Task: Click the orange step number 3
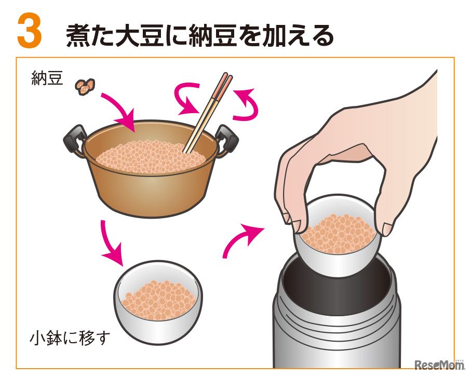coord(29,31)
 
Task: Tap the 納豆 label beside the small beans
coord(47,78)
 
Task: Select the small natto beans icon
coord(85,86)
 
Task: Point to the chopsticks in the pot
coord(207,113)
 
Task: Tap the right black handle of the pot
coord(227,138)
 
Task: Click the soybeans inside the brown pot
coord(151,157)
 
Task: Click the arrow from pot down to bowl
coord(112,243)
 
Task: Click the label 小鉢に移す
coord(70,338)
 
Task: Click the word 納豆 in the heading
coord(214,36)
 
